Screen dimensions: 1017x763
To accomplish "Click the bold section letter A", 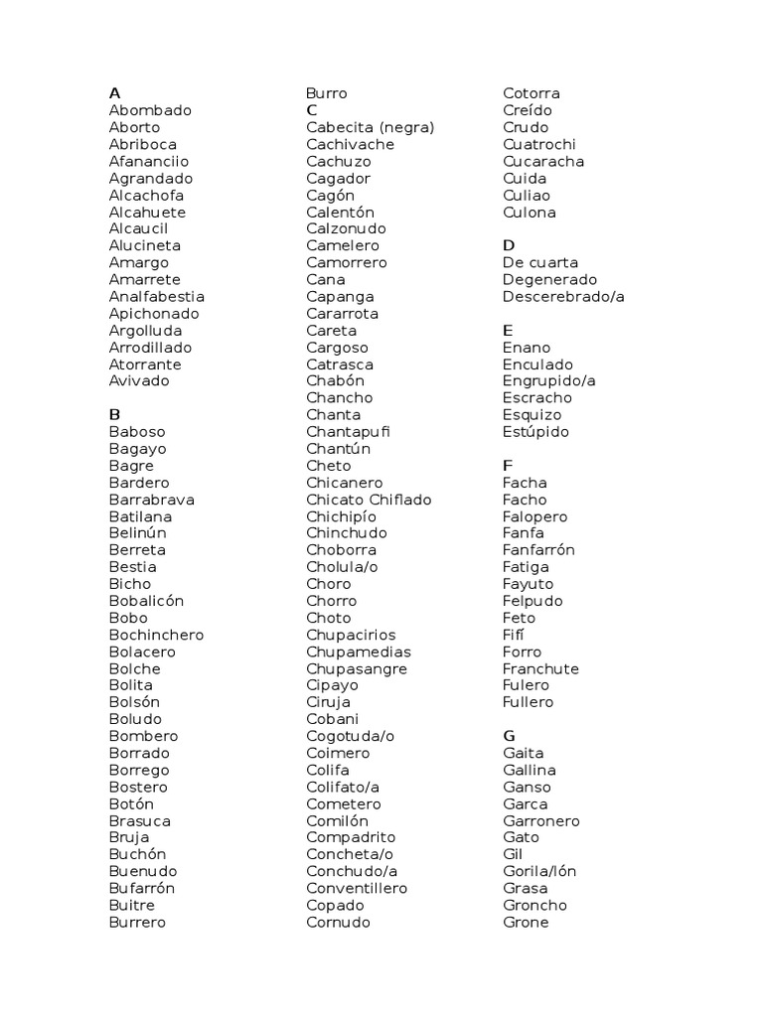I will tap(114, 93).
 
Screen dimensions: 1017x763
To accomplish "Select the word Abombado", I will tap(150, 110).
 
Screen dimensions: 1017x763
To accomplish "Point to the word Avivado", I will tap(139, 380).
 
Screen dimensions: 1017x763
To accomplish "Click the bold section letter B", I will tap(114, 414).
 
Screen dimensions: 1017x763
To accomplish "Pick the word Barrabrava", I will tap(152, 499).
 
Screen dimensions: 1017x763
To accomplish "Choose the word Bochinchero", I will tap(156, 634).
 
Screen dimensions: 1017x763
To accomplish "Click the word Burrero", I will tap(137, 922).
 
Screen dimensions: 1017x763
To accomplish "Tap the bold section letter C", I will tap(312, 110).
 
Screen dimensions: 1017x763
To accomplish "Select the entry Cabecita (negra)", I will tap(371, 127).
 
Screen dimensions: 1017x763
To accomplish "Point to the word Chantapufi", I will tap(349, 431).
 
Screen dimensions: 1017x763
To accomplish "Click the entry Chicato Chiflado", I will tap(369, 499).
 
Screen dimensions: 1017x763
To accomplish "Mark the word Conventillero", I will tap(357, 888).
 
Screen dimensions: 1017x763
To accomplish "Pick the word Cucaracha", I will tap(543, 161).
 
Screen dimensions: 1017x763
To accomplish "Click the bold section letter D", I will tap(509, 245).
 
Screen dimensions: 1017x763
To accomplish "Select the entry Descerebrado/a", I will tap(563, 296).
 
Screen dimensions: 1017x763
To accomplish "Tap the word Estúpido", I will tap(535, 431).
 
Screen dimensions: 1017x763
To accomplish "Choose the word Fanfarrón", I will tap(538, 549).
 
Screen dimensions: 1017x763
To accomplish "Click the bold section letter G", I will tap(510, 736).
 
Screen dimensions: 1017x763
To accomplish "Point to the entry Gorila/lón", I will tap(539, 871).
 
